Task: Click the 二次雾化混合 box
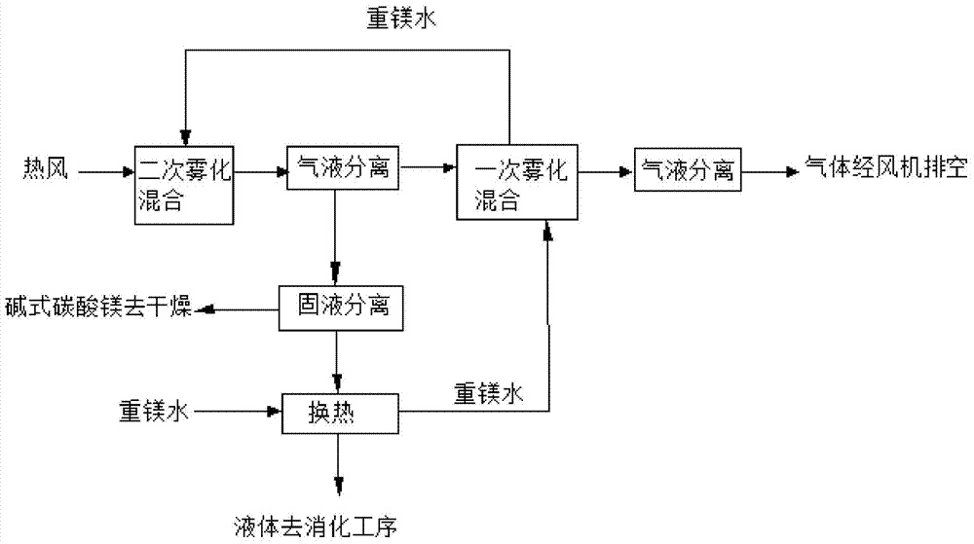(x=183, y=185)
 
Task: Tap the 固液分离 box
(x=336, y=308)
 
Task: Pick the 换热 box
(x=339, y=413)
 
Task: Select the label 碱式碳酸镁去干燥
(x=97, y=309)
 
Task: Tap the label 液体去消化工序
(x=316, y=526)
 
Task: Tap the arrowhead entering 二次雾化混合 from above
(x=185, y=137)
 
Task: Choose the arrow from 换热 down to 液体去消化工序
(x=338, y=467)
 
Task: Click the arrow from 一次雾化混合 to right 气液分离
(x=605, y=172)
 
